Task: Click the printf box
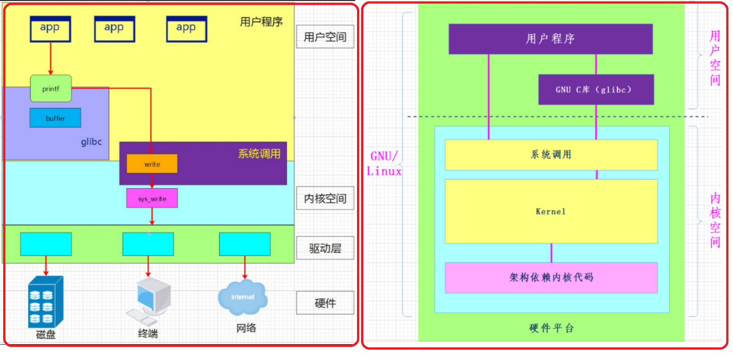(51, 89)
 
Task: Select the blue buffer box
(55, 118)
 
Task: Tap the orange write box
(152, 164)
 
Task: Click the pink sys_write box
(152, 198)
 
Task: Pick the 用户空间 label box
(325, 37)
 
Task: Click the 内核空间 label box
(325, 198)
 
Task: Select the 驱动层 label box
(325, 248)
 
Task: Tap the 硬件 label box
(325, 303)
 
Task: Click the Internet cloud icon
(243, 298)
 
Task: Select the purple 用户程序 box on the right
(550, 39)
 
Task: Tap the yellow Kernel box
(551, 211)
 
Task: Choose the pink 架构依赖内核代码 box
(551, 277)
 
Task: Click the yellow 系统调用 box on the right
(551, 155)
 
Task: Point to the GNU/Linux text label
(384, 164)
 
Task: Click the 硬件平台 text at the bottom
(551, 328)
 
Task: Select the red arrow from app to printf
(51, 59)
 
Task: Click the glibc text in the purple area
(91, 142)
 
